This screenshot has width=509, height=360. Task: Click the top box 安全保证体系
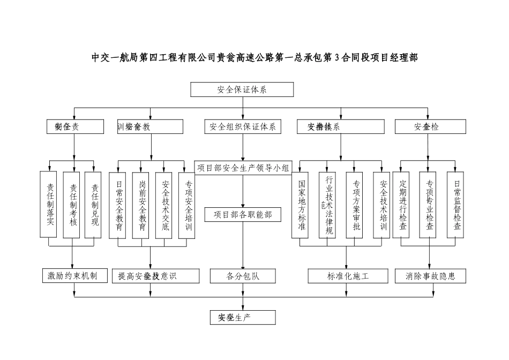[x=242, y=89]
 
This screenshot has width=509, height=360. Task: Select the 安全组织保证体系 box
[x=243, y=127]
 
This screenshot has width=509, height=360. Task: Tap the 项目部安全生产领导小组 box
[x=243, y=168]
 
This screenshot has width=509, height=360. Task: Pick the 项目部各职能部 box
[x=243, y=215]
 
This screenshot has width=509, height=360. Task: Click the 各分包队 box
[x=243, y=276]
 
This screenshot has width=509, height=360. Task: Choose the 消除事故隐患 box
[x=430, y=276]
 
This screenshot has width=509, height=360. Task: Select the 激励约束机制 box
[x=73, y=276]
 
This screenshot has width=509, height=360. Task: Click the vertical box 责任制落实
[x=49, y=204]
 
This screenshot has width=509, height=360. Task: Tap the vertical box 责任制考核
[x=72, y=205]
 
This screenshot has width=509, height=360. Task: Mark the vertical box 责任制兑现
[x=94, y=204]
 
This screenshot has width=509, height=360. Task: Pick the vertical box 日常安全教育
[x=118, y=205]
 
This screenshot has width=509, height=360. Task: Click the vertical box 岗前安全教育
[x=141, y=205]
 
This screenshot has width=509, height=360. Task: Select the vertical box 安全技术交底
[x=164, y=205]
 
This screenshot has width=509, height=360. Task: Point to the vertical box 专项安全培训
[x=187, y=205]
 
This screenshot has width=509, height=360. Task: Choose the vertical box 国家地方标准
[x=302, y=205]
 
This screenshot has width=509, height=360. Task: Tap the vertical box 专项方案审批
[x=356, y=205]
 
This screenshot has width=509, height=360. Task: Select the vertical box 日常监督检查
[x=456, y=205]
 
